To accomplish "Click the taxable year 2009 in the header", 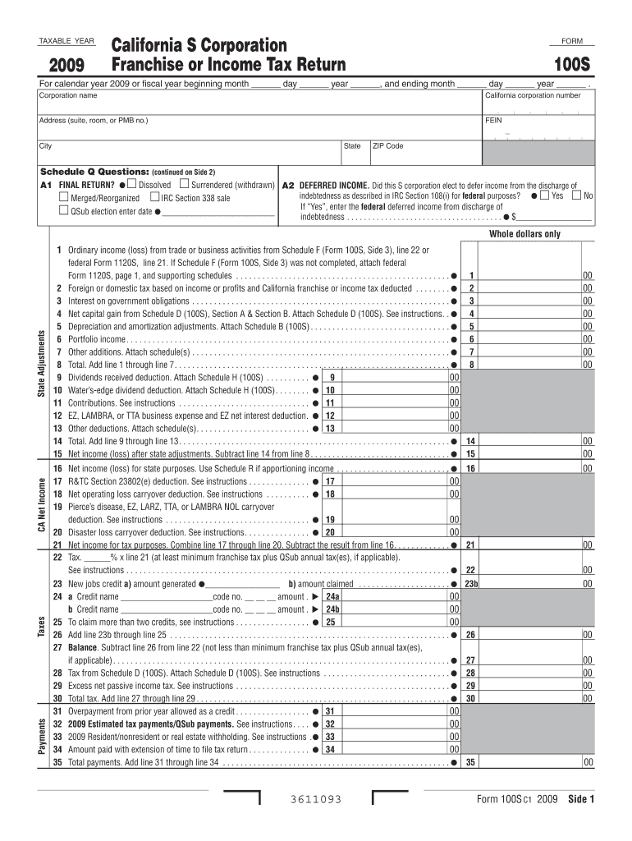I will pyautogui.click(x=67, y=65).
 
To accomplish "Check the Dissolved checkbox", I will pyautogui.click(x=131, y=184).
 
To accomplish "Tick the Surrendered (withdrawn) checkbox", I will pyautogui.click(x=184, y=184).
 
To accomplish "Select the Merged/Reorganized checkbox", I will pyautogui.click(x=63, y=198).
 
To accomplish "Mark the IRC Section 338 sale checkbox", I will pyautogui.click(x=153, y=198).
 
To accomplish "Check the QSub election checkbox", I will pyautogui.click(x=63, y=211).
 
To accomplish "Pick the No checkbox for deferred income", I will pyautogui.click(x=575, y=196).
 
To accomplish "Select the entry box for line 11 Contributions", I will pyautogui.click(x=394, y=402).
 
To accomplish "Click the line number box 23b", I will pyautogui.click(x=471, y=584).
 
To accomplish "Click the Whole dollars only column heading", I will pyautogui.click(x=524, y=234).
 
